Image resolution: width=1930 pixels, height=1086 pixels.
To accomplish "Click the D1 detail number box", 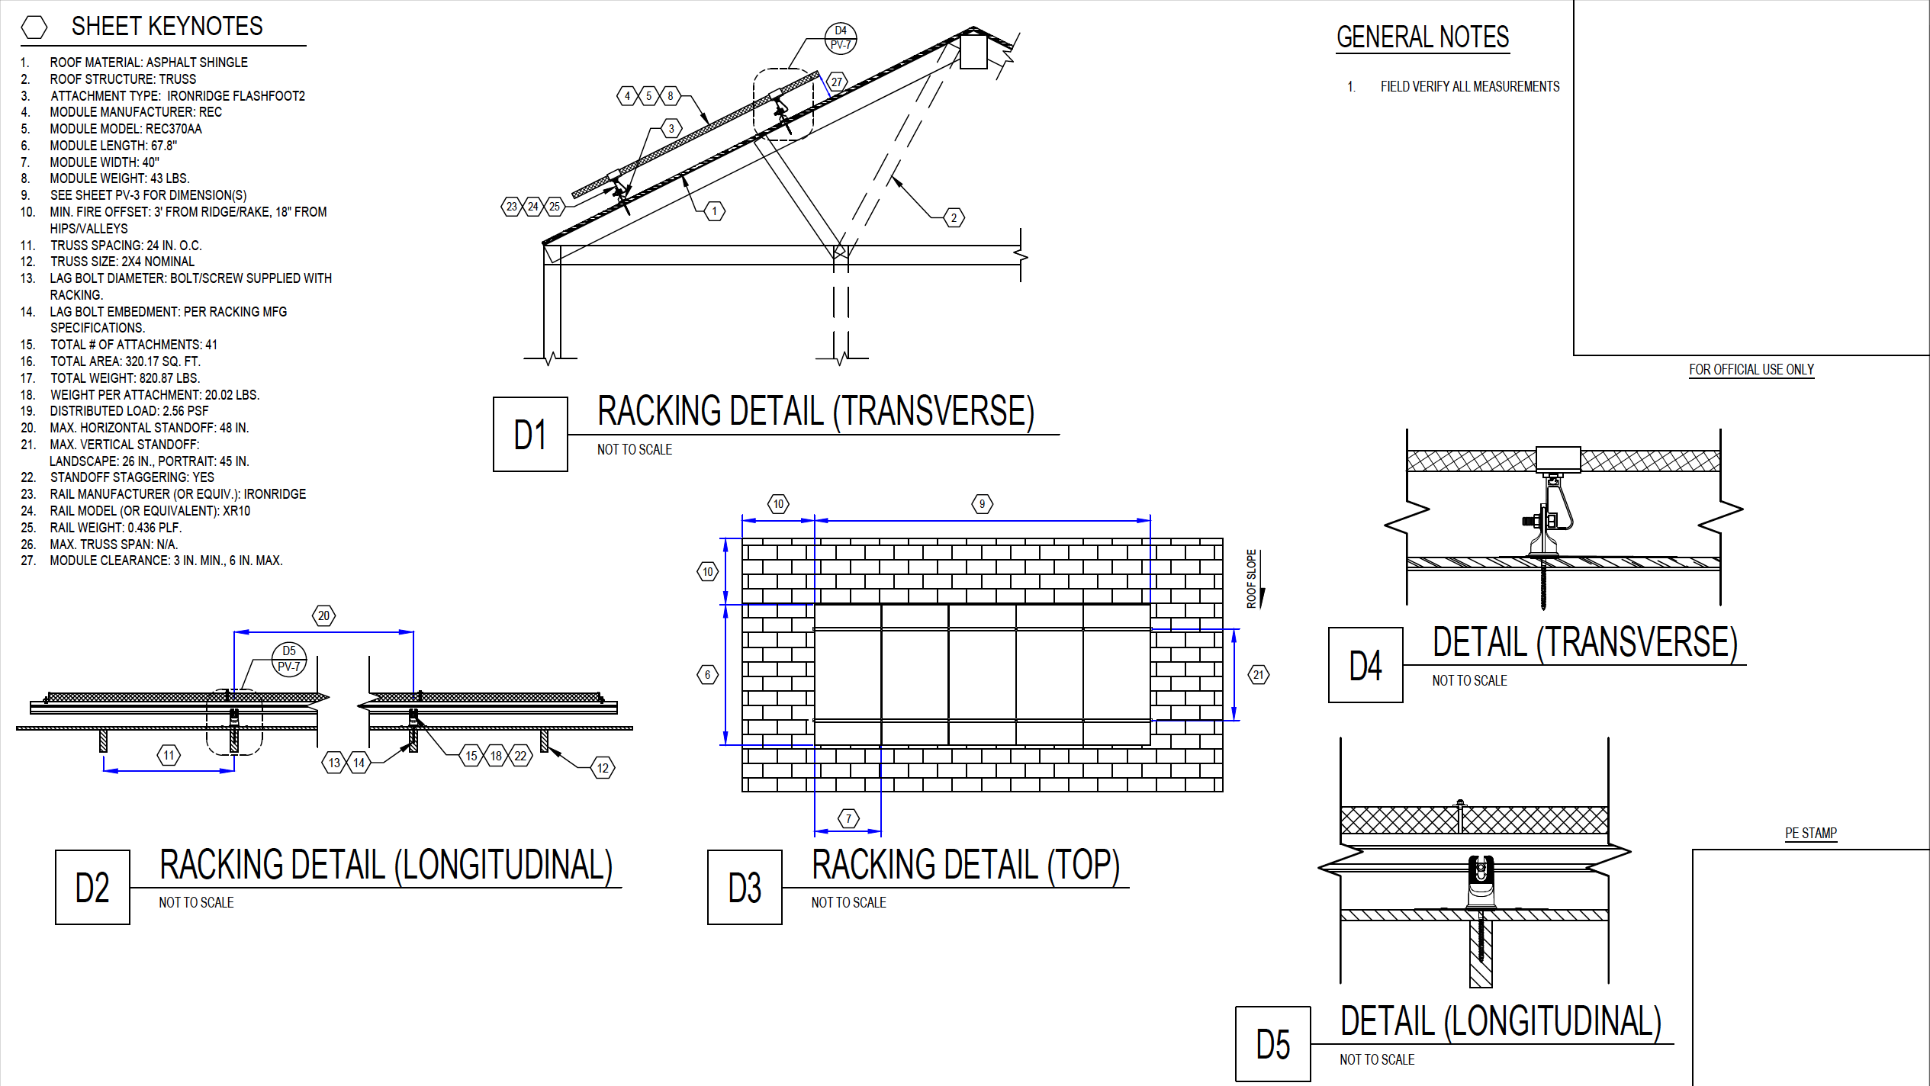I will (x=530, y=434).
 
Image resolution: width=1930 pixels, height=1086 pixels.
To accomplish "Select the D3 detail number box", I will (x=745, y=887).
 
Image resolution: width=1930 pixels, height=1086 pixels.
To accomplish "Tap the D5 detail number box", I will (x=1273, y=1044).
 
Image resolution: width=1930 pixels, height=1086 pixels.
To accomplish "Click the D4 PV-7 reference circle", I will (x=841, y=38).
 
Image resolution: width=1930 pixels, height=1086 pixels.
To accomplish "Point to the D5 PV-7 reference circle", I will (x=289, y=659).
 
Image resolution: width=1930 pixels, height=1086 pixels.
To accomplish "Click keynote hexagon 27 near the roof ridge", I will (x=837, y=82).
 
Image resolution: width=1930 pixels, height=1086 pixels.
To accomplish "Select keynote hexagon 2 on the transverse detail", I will (x=954, y=218).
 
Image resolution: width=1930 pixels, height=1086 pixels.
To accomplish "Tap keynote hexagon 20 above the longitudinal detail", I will (x=324, y=615).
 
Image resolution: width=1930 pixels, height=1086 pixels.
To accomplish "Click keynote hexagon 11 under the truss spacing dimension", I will (x=169, y=756).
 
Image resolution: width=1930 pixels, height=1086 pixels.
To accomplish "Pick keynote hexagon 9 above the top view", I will (x=982, y=504).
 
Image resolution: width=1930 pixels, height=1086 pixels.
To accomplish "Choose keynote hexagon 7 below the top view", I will (x=848, y=818).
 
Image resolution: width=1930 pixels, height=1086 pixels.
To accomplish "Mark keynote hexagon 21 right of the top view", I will (x=1258, y=674).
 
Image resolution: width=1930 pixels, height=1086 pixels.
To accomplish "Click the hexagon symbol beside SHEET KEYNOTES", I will (x=34, y=27).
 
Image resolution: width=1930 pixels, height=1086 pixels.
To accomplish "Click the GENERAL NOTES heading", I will (x=1423, y=37).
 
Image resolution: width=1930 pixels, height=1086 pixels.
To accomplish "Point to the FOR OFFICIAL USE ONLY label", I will (x=1751, y=370).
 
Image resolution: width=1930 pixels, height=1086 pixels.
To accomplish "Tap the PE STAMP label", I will (x=1810, y=833).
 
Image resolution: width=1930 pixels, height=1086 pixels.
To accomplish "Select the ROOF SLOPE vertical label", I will (x=1251, y=579).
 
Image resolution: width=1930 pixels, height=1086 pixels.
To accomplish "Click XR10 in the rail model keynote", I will (x=236, y=511).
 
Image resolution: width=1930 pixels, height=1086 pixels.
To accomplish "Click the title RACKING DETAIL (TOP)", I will (x=965, y=865).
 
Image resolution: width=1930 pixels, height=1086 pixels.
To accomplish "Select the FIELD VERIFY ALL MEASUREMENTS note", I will (x=1469, y=87).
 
